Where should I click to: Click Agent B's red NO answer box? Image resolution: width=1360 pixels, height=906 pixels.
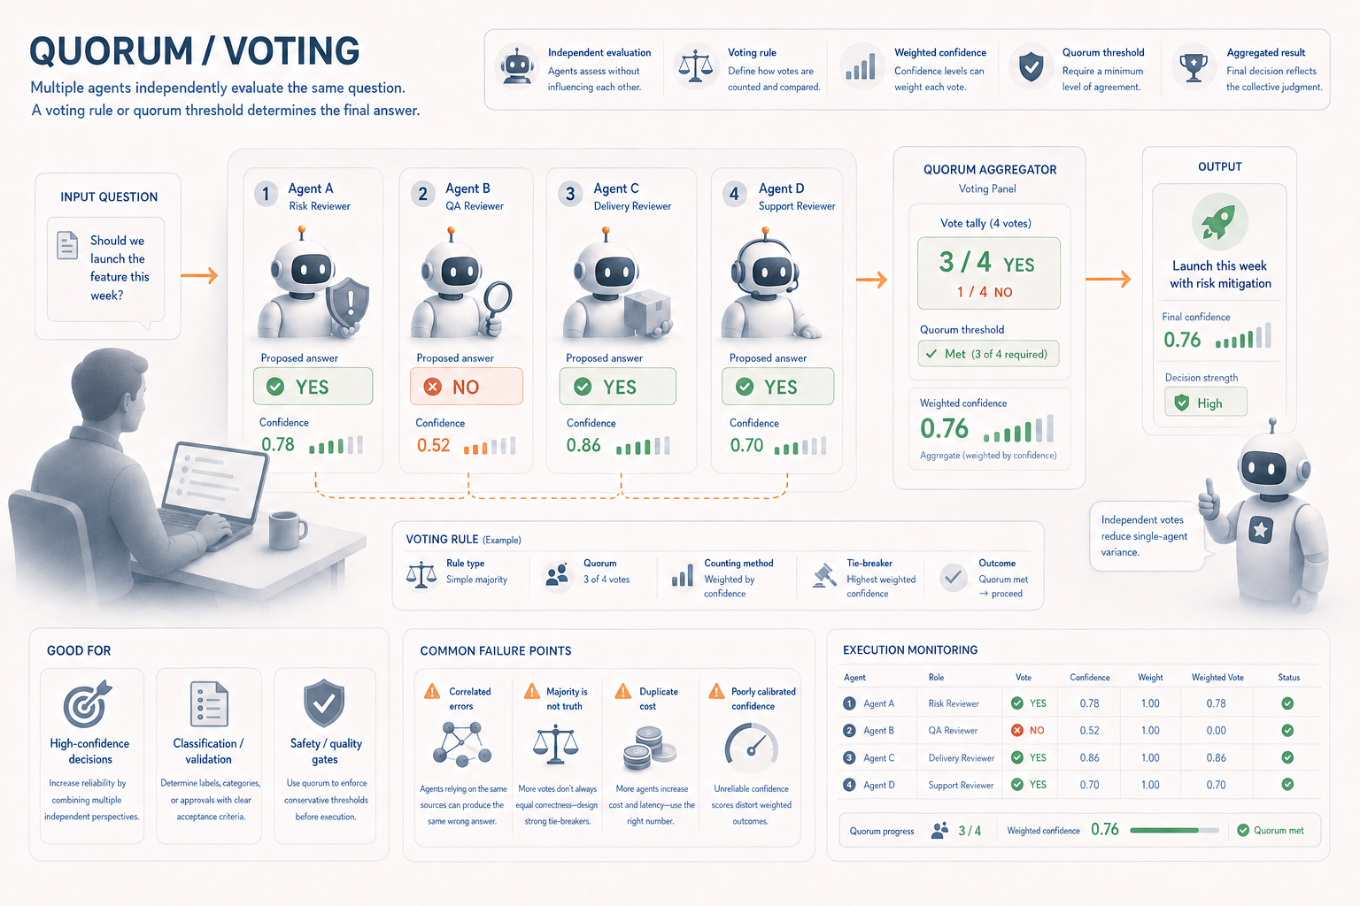pyautogui.click(x=467, y=386)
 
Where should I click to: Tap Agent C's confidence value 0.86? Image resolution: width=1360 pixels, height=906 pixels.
pyautogui.click(x=583, y=445)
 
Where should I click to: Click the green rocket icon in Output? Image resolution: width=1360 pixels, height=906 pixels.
pyautogui.click(x=1220, y=221)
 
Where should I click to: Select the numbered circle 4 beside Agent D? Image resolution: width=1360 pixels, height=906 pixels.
pyautogui.click(x=734, y=194)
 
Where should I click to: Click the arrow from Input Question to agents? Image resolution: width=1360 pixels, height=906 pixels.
pyautogui.click(x=199, y=275)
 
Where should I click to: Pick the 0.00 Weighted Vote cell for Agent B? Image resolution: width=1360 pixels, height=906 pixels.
pyautogui.click(x=1216, y=731)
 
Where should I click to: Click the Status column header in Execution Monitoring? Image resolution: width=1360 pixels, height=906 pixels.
pyautogui.click(x=1288, y=677)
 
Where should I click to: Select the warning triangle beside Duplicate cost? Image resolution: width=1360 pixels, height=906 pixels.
pyautogui.click(x=623, y=691)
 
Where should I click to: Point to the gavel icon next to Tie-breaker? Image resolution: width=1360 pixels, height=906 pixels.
pyautogui.click(x=824, y=576)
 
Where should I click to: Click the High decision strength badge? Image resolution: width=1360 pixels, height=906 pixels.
pyautogui.click(x=1206, y=403)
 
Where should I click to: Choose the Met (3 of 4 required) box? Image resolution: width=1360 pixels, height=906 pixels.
pyautogui.click(x=988, y=354)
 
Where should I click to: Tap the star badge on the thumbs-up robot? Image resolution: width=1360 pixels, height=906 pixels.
pyautogui.click(x=1261, y=530)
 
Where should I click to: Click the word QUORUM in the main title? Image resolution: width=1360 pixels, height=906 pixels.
pyautogui.click(x=111, y=51)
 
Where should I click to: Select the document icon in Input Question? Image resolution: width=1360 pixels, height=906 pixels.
pyautogui.click(x=67, y=245)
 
